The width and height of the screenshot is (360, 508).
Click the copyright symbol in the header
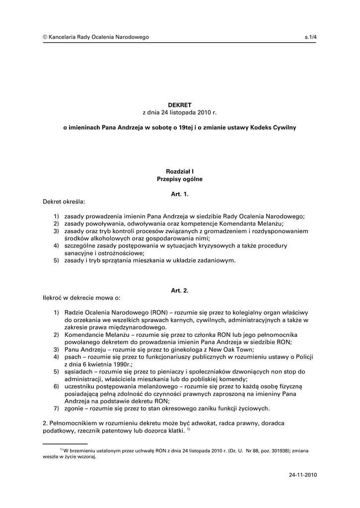[x=45, y=37]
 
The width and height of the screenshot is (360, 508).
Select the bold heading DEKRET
[x=179, y=105]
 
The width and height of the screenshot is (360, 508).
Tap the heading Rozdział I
[x=179, y=171]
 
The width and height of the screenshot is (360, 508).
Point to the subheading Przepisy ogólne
[x=179, y=179]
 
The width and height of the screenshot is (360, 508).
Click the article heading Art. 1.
[x=179, y=194]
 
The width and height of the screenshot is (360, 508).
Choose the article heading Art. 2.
[x=179, y=290]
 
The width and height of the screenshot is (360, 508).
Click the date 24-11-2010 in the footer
[x=302, y=475]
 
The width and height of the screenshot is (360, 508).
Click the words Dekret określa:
[x=64, y=202]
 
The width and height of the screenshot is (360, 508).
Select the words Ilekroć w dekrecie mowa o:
[x=81, y=298]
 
